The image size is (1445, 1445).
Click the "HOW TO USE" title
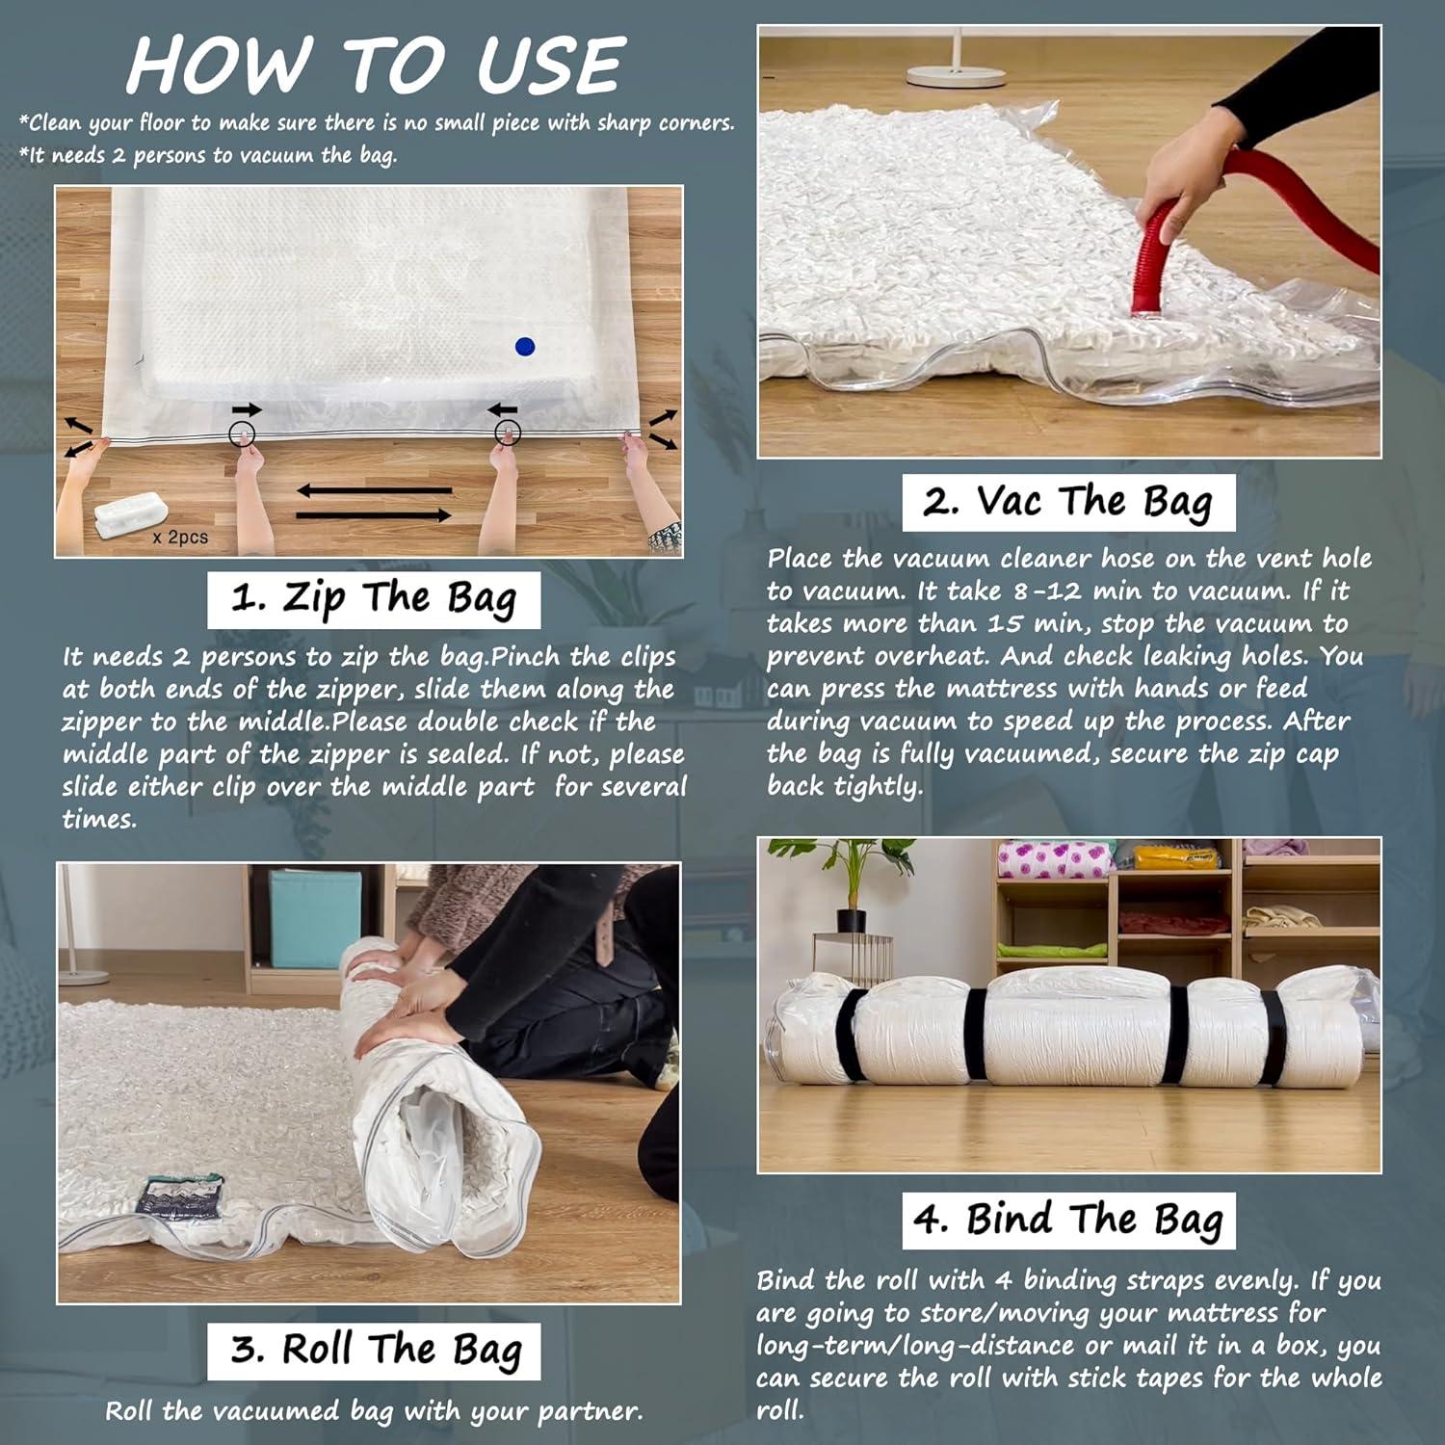coord(377,66)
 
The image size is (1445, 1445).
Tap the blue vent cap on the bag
coord(524,347)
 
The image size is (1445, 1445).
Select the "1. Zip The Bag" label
coord(374,599)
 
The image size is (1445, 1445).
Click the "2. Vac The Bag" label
coord(1068,502)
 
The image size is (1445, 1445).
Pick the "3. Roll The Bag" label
coord(374,1351)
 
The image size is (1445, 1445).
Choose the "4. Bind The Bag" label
coord(1068,1221)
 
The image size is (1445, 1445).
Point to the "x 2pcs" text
coord(180,537)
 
